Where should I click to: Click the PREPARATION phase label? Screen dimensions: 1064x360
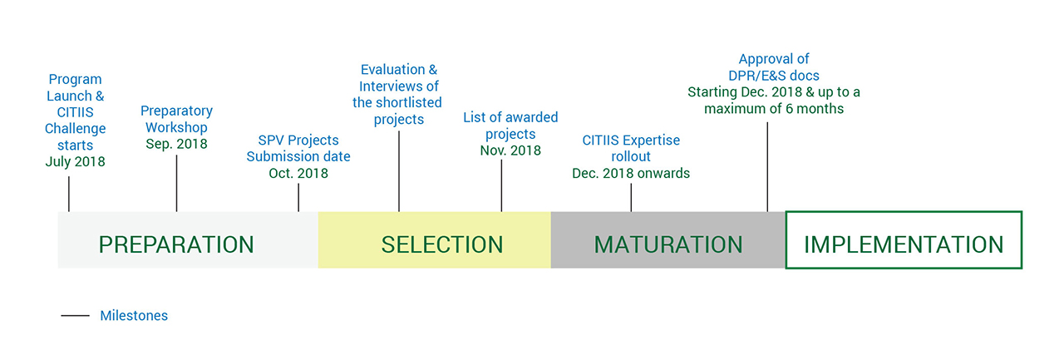pos(176,244)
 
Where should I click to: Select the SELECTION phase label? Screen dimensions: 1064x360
pos(441,244)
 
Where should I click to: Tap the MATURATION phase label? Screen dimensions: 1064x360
pos(667,244)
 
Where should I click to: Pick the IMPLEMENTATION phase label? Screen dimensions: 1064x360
pos(904,244)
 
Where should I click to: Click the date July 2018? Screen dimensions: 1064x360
pos(75,161)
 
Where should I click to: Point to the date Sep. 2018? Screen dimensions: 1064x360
pos(176,144)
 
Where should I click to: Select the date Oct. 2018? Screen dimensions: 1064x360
pos(298,173)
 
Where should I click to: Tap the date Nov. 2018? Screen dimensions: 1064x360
pos(510,150)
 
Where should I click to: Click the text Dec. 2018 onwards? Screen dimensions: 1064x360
pos(631,173)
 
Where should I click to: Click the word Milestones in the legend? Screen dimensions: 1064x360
pos(134,315)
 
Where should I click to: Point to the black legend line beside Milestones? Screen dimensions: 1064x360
pos(75,315)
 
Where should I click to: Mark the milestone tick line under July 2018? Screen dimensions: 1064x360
pos(69,194)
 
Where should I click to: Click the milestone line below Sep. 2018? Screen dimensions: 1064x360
pos(177,183)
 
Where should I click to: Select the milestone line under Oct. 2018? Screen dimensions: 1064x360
pos(298,198)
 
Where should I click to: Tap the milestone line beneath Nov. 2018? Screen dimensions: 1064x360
pos(501,185)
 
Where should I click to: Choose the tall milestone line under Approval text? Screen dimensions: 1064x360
pos(767,167)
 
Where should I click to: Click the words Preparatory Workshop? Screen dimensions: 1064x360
pos(176,119)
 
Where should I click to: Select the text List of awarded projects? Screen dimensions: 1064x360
pos(510,126)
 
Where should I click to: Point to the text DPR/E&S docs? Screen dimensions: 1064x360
pos(774,76)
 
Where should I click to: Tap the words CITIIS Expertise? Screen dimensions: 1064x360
pos(631,141)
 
